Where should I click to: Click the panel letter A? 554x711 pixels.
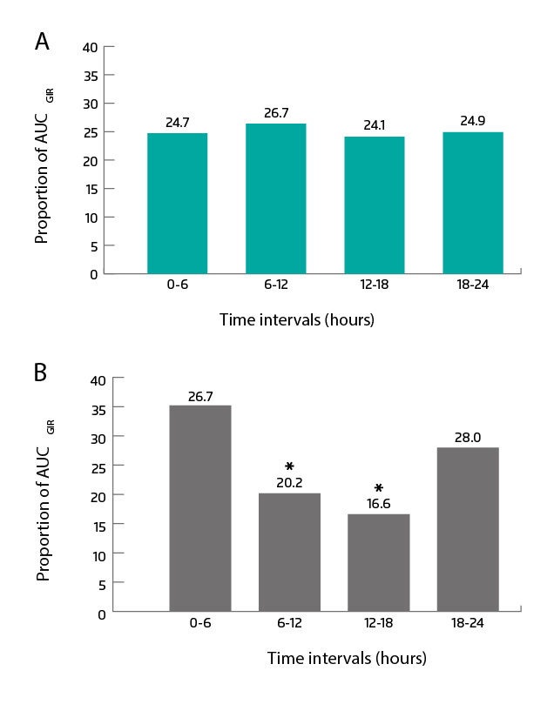pos(42,41)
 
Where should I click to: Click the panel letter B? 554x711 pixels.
pos(41,372)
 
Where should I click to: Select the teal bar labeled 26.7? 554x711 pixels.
pos(275,198)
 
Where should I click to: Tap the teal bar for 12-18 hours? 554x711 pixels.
pos(374,205)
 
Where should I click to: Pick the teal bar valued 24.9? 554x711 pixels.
pos(472,203)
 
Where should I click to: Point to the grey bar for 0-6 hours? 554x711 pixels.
pos(200,508)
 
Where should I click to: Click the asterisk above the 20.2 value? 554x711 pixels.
pos(289,466)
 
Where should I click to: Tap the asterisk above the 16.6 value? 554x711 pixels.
pos(379,487)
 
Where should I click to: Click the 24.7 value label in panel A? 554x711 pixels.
pos(178,123)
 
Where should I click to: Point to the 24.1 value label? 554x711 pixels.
pos(375,125)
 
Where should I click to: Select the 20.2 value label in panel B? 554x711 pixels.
pos(289,482)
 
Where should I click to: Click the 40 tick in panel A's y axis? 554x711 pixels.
pos(91,46)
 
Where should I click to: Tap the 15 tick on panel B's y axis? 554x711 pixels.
pos(101,525)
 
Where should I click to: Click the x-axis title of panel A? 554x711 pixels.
pos(296,320)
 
